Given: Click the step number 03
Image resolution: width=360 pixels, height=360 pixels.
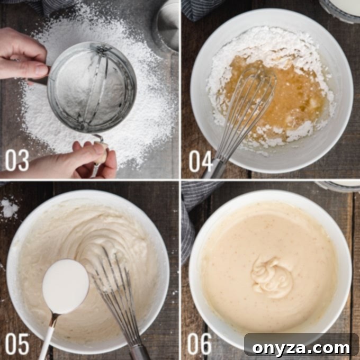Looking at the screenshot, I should tap(17, 160).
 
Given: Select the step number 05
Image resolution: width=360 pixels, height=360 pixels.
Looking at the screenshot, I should tap(17, 344).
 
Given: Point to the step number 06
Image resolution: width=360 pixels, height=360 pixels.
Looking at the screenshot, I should tap(200, 344).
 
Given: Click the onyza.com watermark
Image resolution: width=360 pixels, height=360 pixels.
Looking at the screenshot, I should tap(301, 347).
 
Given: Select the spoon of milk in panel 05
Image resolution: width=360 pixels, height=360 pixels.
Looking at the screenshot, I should tap(66, 286).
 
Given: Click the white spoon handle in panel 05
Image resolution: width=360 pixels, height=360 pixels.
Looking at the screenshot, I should tap(47, 339).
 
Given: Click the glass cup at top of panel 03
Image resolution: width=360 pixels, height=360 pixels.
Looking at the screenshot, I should tap(165, 24).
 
